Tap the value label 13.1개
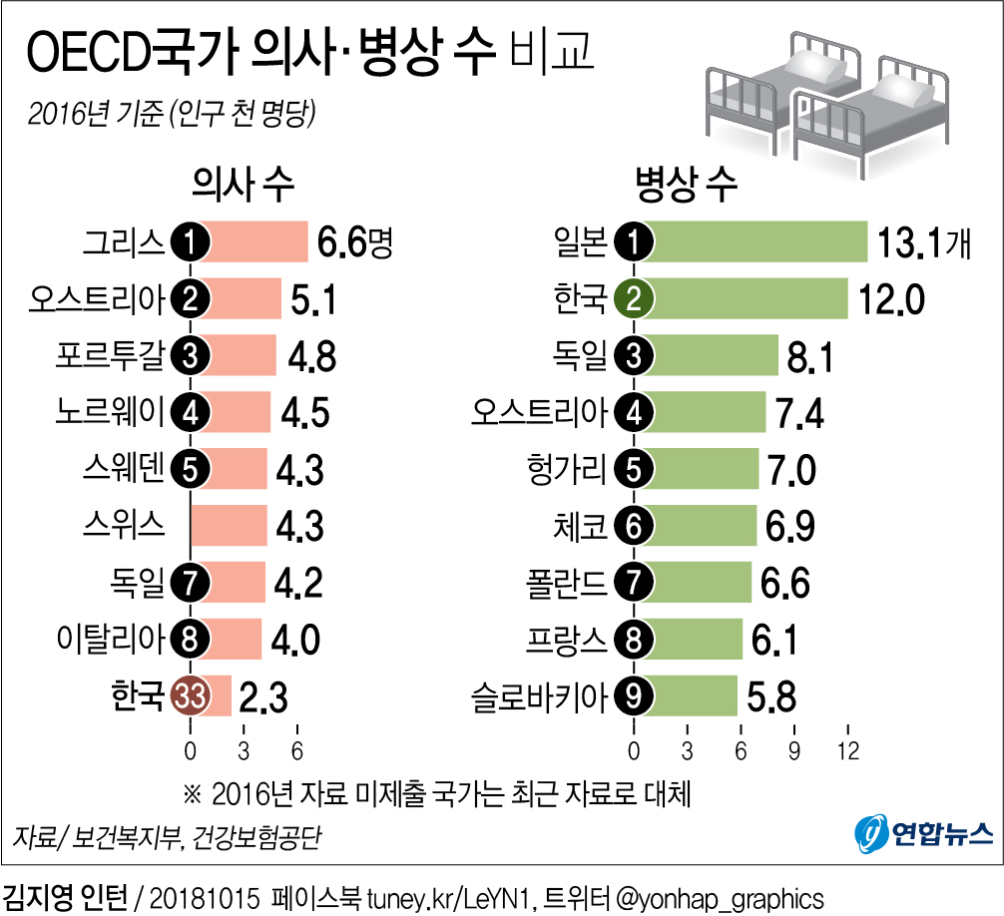pos(923,242)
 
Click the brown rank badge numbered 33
pos(190,695)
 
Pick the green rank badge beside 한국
pos(633,298)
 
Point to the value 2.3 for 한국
pos(264,696)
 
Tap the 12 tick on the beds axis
pos(847,750)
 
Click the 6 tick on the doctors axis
pos(296,750)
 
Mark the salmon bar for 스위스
pos(229,526)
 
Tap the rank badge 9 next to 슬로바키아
pos(633,696)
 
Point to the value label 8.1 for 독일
pos(808,356)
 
